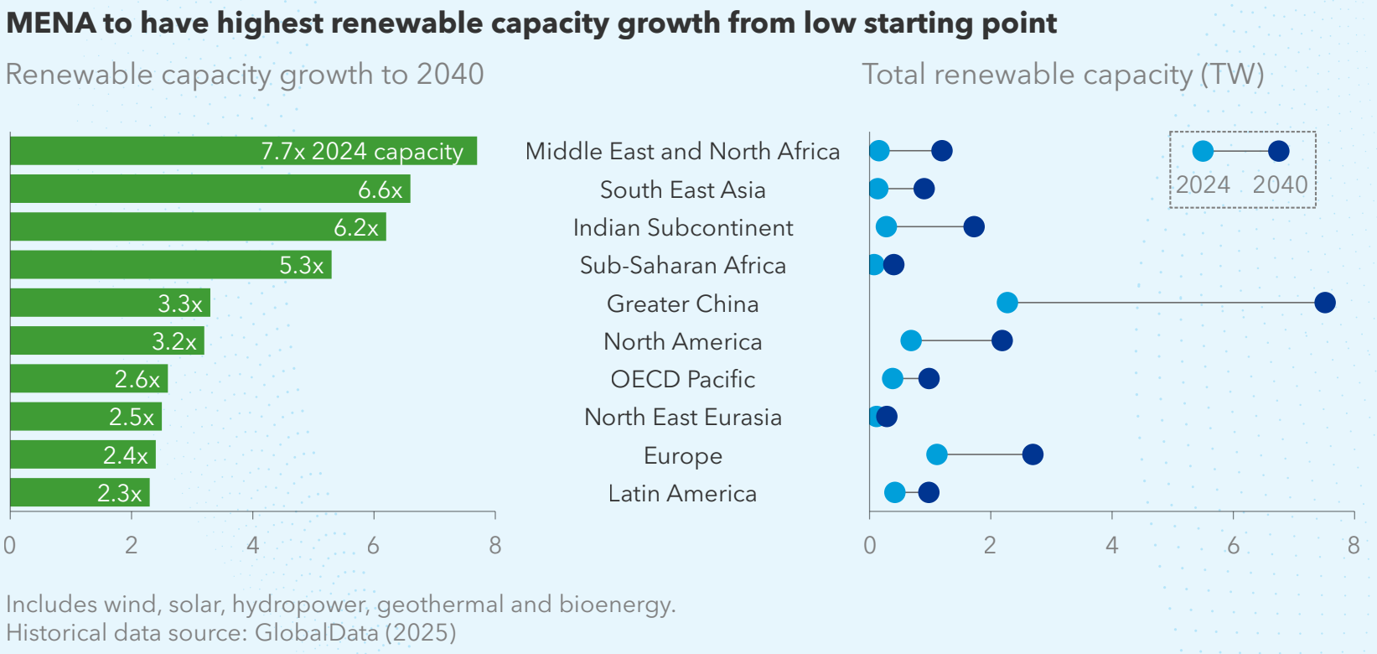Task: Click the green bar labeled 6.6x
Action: tap(210, 189)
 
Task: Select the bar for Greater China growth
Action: tap(109, 303)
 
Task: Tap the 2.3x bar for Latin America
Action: tap(80, 493)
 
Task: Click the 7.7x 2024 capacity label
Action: tap(361, 151)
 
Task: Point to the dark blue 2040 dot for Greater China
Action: tap(1324, 303)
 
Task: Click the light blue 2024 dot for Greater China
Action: tap(1007, 303)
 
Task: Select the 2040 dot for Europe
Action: tap(1033, 454)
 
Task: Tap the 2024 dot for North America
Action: tap(910, 340)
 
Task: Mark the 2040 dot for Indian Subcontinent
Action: tap(973, 226)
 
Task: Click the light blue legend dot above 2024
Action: tap(1203, 151)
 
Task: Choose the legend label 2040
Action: tap(1280, 184)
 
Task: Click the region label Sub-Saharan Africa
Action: tap(682, 266)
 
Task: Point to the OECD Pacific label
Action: tap(682, 379)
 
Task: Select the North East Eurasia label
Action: tap(682, 418)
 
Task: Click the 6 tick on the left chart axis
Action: tap(373, 546)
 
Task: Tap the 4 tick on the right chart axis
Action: tap(1111, 546)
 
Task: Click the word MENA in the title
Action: tap(50, 23)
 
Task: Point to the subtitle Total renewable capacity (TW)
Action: tap(1063, 75)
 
